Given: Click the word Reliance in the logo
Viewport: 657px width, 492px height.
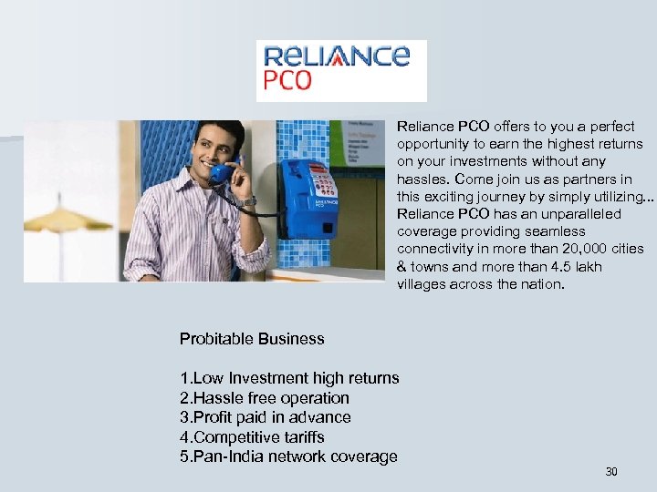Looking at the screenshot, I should (334, 56).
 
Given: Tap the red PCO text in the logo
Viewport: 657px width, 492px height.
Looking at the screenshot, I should (287, 81).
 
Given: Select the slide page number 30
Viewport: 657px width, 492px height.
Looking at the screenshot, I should (611, 471).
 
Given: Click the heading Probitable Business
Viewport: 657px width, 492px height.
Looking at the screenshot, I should (252, 339).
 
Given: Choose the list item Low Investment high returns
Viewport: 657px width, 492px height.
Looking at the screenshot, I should (289, 378).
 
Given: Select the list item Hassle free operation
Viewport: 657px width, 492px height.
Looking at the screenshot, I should (265, 398).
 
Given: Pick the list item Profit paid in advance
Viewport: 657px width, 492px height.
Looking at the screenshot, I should (266, 417).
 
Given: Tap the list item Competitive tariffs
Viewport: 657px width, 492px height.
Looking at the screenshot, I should (252, 437).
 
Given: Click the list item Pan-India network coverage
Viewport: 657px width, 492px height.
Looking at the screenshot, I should (288, 456).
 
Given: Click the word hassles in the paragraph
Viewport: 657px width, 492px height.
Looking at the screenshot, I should (422, 179).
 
